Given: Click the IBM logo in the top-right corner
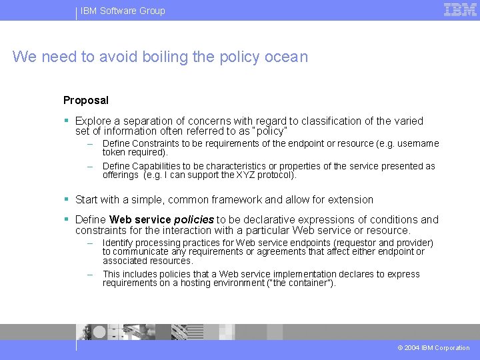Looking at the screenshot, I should tap(460, 9).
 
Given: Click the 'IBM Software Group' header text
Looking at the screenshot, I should tap(123, 11).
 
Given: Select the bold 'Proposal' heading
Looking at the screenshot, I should tap(86, 101).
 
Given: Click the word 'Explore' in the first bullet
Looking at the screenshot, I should tap(93, 121).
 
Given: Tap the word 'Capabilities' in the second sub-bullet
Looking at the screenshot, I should tap(160, 166).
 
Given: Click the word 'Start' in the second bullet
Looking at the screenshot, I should tap(87, 200).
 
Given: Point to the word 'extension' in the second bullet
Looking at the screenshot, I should tap(351, 200).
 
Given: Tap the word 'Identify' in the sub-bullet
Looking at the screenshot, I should tap(117, 243).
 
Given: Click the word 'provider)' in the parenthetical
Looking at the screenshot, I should tap(415, 243).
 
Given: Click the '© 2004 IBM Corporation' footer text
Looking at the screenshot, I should tap(433, 348).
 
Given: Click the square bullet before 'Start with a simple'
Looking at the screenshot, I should tap(67, 199).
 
